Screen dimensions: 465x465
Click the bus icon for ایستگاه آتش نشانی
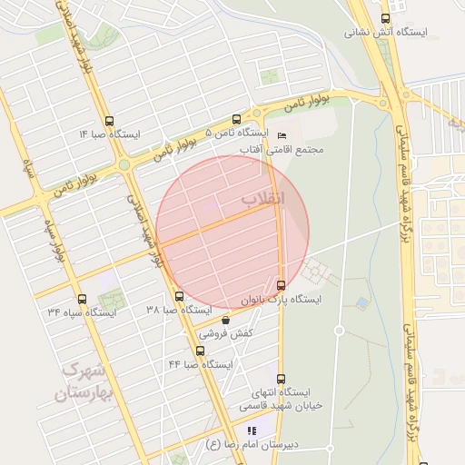pyautogui.click(x=386, y=18)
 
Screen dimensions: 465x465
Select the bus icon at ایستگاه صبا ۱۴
pyautogui.click(x=110, y=121)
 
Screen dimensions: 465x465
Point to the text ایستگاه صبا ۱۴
pyautogui.click(x=110, y=134)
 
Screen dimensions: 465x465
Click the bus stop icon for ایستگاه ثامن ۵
pyautogui.click(x=237, y=119)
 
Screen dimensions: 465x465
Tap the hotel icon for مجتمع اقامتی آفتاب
pyautogui.click(x=281, y=135)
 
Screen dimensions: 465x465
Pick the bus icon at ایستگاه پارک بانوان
pyautogui.click(x=281, y=284)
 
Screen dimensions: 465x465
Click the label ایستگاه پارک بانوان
pyautogui.click(x=281, y=298)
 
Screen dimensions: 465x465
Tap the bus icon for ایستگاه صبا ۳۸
pyautogui.click(x=179, y=296)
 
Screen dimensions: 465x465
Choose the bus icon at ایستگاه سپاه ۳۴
pyautogui.click(x=83, y=299)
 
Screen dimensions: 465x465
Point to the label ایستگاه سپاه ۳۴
pyautogui.click(x=83, y=312)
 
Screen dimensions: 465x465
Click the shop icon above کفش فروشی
pyautogui.click(x=225, y=320)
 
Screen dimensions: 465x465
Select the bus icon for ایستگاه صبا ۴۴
pyautogui.click(x=201, y=351)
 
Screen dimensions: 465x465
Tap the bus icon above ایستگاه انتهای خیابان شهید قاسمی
pyautogui.click(x=281, y=379)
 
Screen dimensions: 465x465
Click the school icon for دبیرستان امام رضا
pyautogui.click(x=252, y=430)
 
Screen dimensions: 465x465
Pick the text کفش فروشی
pyautogui.click(x=225, y=333)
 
